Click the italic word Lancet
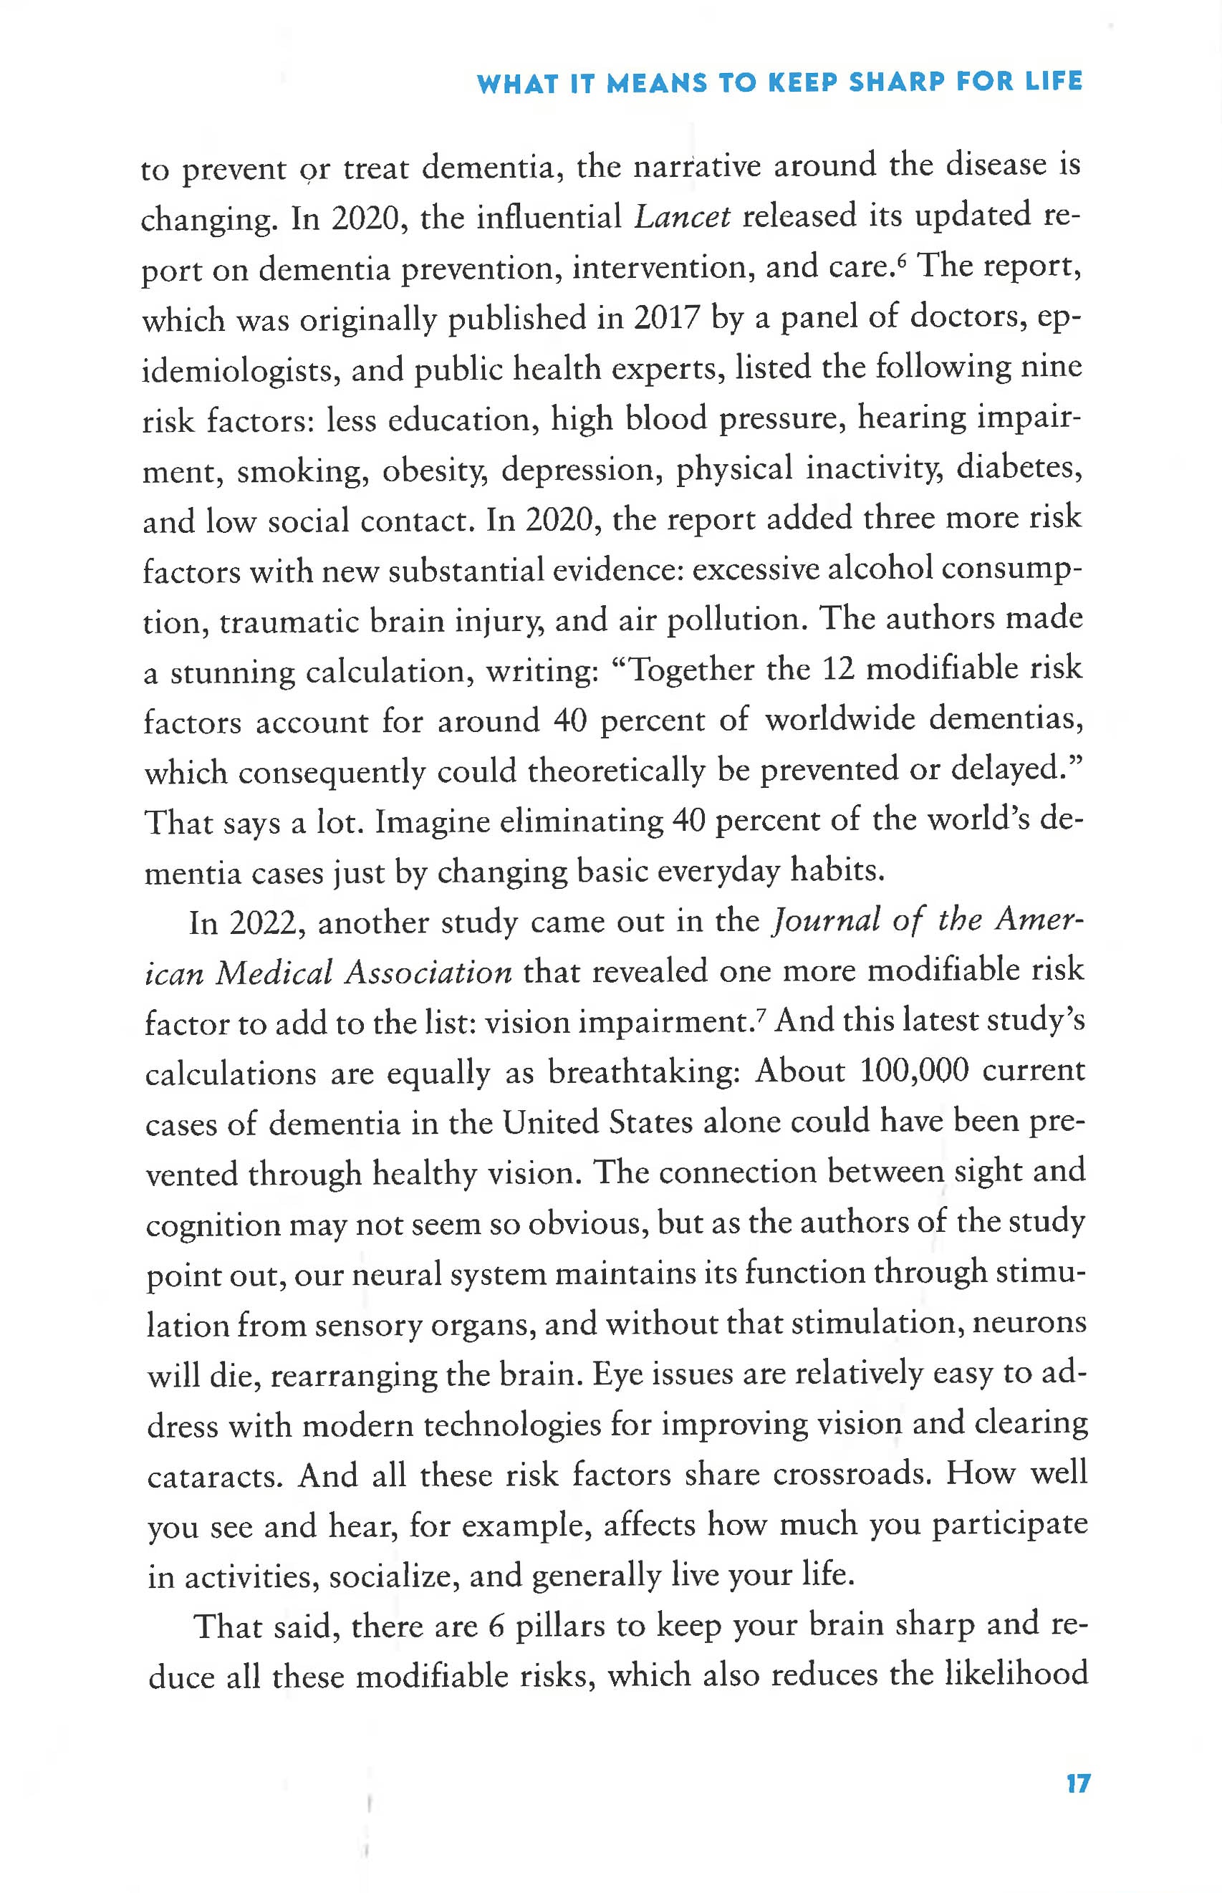point(682,216)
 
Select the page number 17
point(1077,1783)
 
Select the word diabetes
point(1019,468)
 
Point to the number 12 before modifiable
point(837,670)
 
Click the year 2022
point(261,923)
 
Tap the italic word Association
point(428,973)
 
